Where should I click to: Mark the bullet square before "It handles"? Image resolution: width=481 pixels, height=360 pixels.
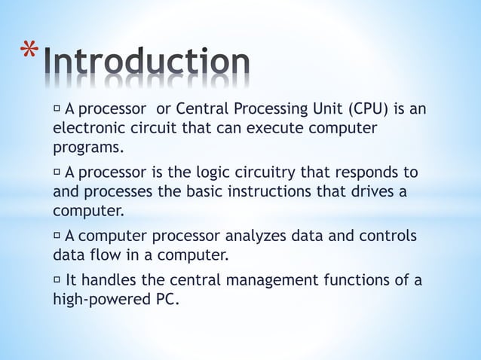coord(57,281)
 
